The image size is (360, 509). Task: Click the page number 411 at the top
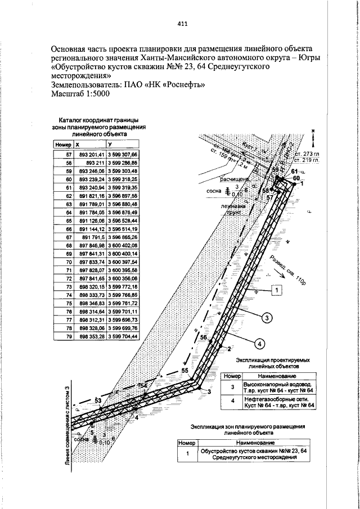[x=182, y=24]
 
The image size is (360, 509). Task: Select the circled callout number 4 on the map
[x=260, y=343]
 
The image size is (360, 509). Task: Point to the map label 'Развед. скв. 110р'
[x=286, y=269]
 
